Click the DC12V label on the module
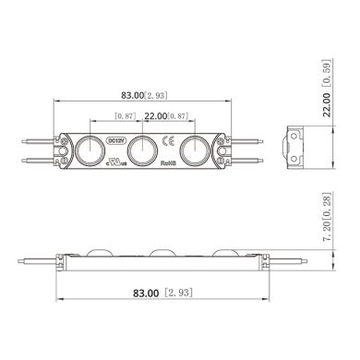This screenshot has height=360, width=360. [x=116, y=140]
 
